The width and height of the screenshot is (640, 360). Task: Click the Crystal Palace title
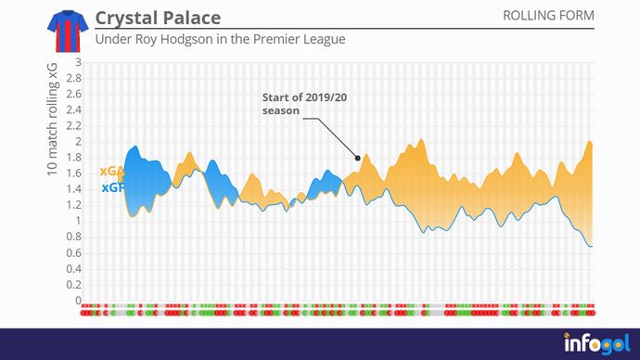tap(158, 19)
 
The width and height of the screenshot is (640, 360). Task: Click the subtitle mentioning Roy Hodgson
tap(220, 40)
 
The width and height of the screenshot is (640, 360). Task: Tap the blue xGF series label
tap(110, 187)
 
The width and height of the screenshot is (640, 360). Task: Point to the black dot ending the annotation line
tap(357, 158)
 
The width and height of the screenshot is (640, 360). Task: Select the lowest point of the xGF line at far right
tap(590, 246)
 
